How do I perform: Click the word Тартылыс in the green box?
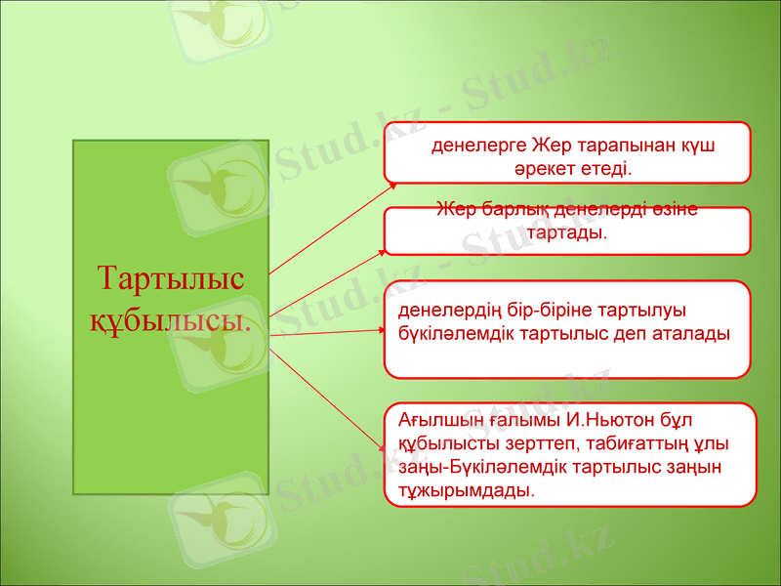click(x=171, y=280)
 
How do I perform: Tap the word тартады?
click(x=566, y=233)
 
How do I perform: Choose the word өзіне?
click(x=673, y=210)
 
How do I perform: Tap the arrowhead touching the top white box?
click(x=391, y=182)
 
